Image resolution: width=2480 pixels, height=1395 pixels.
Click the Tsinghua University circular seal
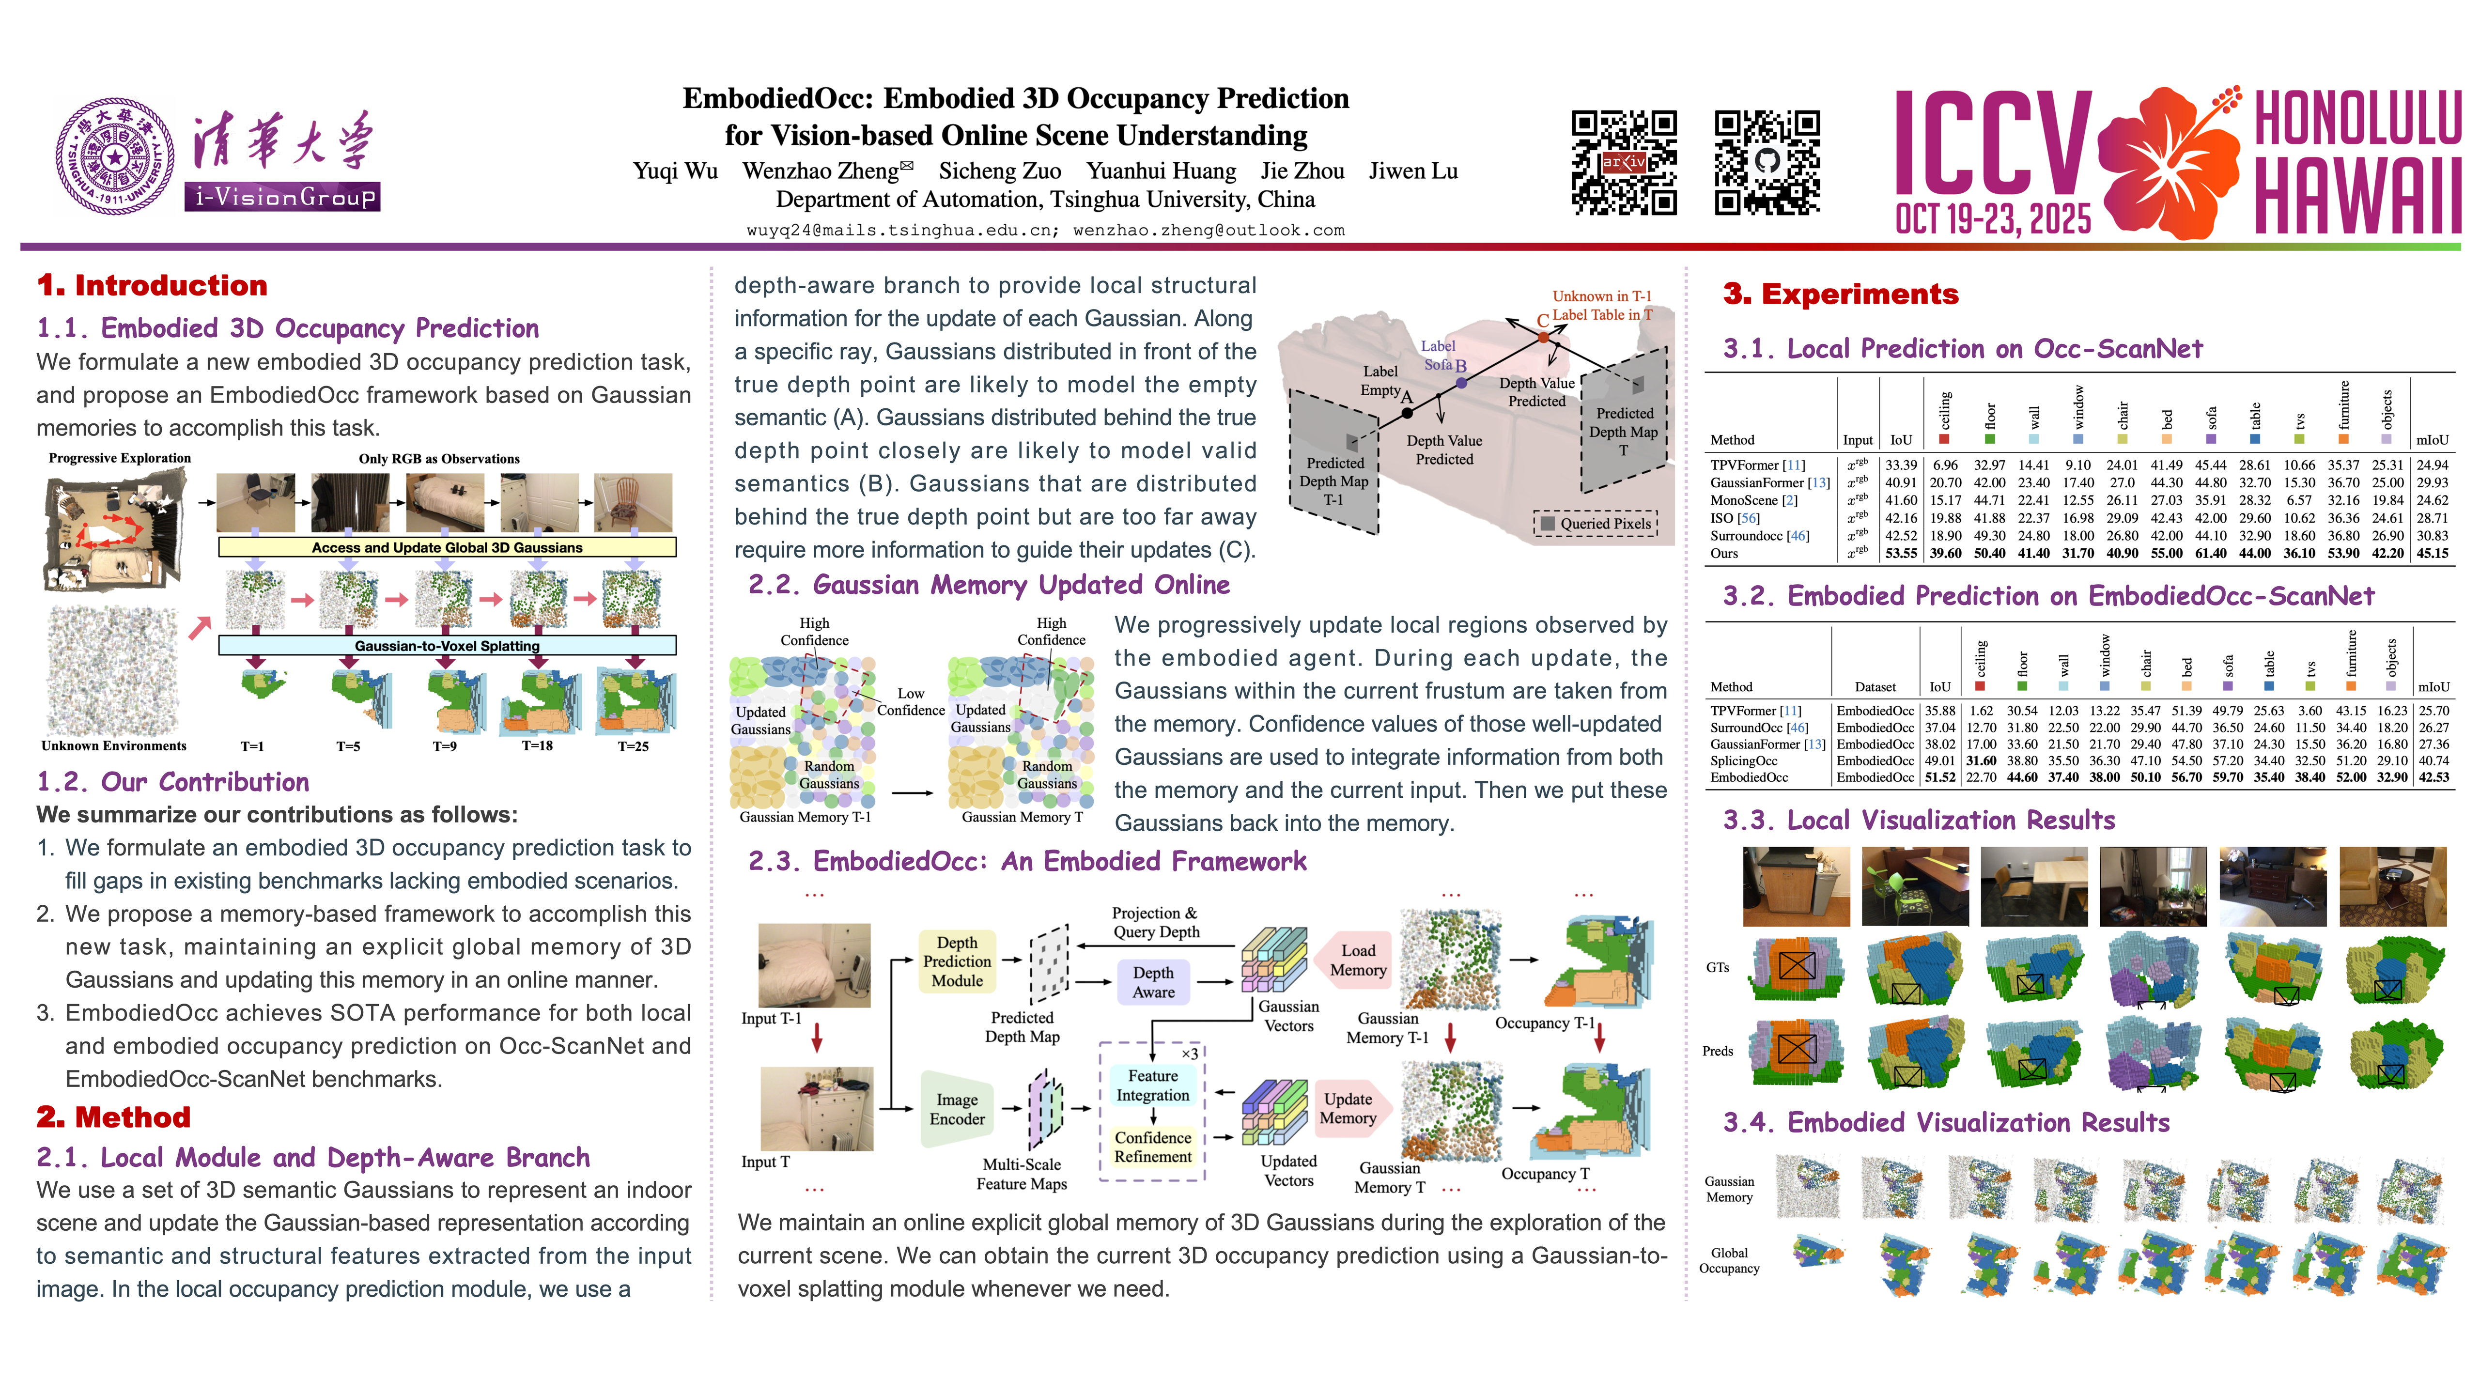[116, 156]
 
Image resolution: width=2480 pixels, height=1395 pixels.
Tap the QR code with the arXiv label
[1624, 162]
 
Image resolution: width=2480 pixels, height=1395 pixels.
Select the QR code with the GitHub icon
[1767, 162]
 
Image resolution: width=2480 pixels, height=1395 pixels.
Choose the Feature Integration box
[1152, 1085]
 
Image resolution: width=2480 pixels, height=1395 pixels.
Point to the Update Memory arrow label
[1348, 1108]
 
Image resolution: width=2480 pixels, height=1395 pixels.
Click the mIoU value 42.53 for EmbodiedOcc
[2433, 777]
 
